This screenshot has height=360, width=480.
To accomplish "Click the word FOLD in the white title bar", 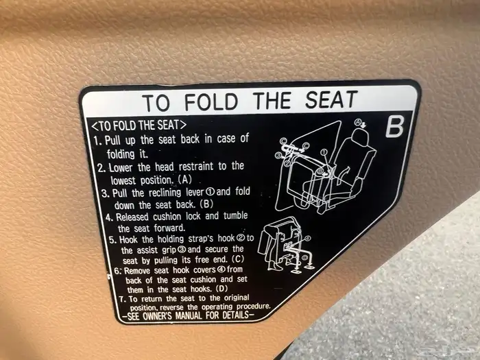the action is tap(211, 101).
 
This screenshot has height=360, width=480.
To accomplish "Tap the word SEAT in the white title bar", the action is tap(331, 99).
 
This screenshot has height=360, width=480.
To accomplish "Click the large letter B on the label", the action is tap(394, 127).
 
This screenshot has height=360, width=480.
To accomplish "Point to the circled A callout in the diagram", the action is tap(357, 123).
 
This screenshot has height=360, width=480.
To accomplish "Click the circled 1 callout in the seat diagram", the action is tap(323, 152).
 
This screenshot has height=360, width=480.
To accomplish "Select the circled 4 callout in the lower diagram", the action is tap(307, 238).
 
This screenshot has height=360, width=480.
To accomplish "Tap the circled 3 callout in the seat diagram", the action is tap(278, 155).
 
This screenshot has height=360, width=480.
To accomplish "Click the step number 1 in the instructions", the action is tap(97, 141).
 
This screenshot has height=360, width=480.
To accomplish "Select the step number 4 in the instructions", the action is tap(109, 217).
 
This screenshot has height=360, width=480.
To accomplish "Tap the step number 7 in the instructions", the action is tap(123, 299).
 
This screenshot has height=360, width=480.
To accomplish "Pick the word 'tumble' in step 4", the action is tap(235, 215).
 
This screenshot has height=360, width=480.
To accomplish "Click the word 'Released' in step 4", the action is tap(133, 217).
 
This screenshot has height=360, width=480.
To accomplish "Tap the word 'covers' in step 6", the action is tap(204, 269).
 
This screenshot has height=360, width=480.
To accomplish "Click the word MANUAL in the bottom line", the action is tap(189, 315).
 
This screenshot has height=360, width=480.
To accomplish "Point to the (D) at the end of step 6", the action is tap(221, 289).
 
